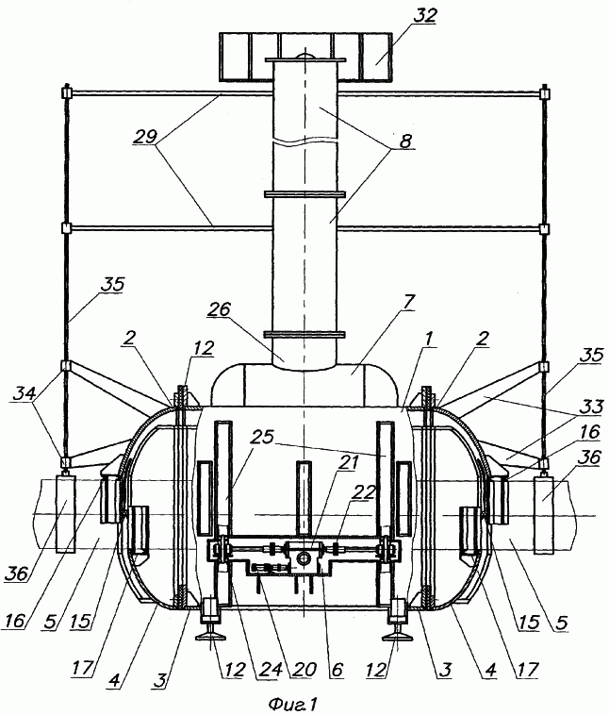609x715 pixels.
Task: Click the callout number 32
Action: [424, 15]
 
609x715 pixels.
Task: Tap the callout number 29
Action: [145, 137]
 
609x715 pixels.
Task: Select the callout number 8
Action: [404, 141]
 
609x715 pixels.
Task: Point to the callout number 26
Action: [219, 309]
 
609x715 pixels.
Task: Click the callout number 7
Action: [408, 302]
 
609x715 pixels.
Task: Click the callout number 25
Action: [263, 437]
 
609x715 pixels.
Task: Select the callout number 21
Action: [348, 462]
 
